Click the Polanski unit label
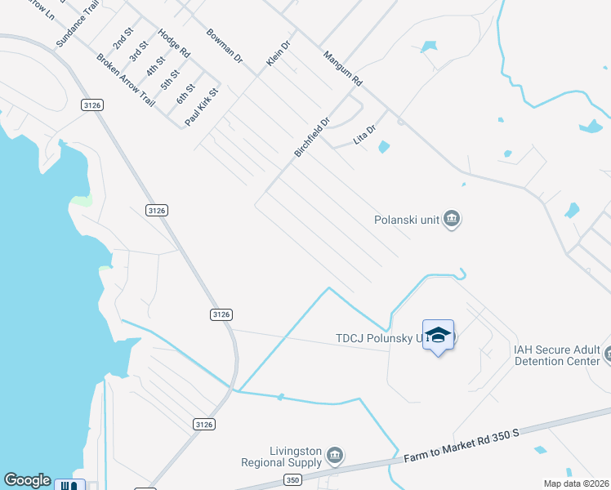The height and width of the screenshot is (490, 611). [x=407, y=219]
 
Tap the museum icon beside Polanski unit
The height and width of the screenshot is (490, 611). [x=452, y=219]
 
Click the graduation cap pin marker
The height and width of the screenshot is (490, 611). [x=438, y=336]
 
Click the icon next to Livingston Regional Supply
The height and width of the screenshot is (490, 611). [x=333, y=455]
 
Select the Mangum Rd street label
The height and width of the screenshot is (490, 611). [x=342, y=69]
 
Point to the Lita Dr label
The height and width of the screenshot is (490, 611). [x=364, y=135]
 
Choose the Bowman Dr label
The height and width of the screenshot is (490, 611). [x=225, y=47]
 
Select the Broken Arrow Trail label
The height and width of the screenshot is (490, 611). [x=125, y=80]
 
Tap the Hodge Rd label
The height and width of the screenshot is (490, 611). [x=174, y=43]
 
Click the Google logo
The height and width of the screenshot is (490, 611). [x=27, y=480]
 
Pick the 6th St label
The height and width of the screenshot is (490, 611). [x=186, y=93]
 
